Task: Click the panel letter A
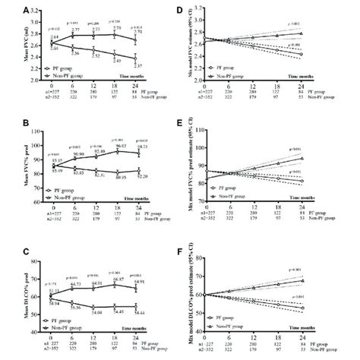coord(26,10)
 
